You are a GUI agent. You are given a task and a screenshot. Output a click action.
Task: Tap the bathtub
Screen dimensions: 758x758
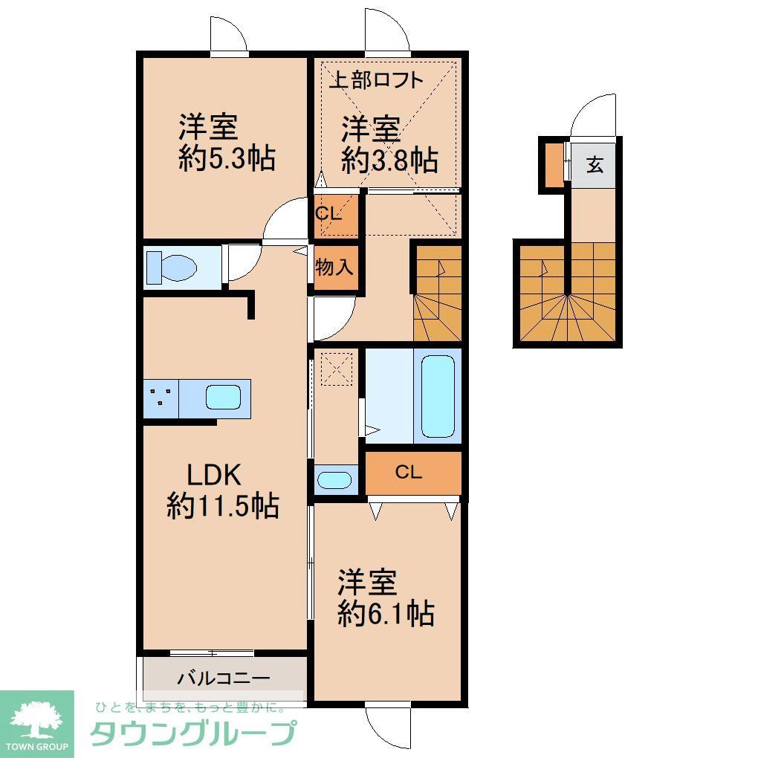click(437, 397)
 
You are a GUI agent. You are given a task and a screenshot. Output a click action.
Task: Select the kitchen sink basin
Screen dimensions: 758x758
click(222, 398)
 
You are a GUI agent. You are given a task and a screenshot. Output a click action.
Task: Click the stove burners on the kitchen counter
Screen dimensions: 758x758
click(161, 398)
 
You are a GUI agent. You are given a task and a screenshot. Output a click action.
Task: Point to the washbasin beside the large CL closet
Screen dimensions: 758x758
click(334, 479)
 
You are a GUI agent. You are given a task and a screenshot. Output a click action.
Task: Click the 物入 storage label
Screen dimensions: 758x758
click(334, 267)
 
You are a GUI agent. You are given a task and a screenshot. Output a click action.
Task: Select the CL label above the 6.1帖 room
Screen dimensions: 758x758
click(409, 472)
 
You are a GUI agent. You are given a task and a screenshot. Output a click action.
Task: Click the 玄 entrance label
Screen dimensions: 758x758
click(595, 165)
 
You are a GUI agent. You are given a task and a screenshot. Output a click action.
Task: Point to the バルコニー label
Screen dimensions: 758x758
click(223, 678)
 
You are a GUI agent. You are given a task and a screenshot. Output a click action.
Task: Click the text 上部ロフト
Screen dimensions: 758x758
click(376, 80)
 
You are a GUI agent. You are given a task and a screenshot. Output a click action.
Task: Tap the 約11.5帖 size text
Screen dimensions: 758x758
click(223, 507)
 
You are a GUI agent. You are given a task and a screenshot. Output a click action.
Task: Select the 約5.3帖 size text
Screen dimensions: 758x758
click(227, 158)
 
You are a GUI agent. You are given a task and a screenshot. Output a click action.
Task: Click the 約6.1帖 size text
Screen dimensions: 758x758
click(386, 614)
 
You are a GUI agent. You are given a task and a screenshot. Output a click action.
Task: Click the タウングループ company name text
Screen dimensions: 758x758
click(192, 734)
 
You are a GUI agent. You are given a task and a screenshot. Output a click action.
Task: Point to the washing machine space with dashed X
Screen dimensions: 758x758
click(334, 369)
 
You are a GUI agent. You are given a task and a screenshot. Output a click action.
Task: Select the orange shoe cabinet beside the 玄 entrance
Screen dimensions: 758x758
click(554, 163)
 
